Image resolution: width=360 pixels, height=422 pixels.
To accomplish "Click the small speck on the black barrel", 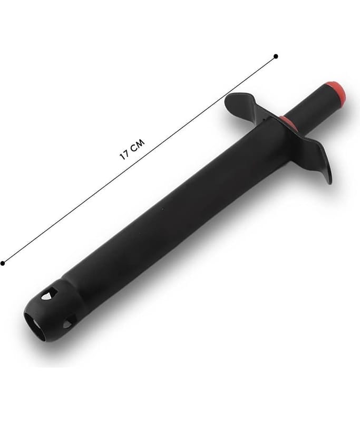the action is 163,208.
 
